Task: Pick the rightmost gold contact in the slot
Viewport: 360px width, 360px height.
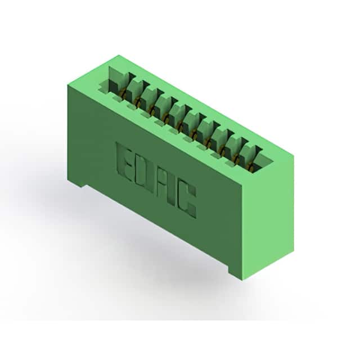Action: click(251, 166)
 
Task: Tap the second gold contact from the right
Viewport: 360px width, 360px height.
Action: click(236, 158)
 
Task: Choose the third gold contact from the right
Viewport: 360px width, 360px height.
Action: click(222, 150)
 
